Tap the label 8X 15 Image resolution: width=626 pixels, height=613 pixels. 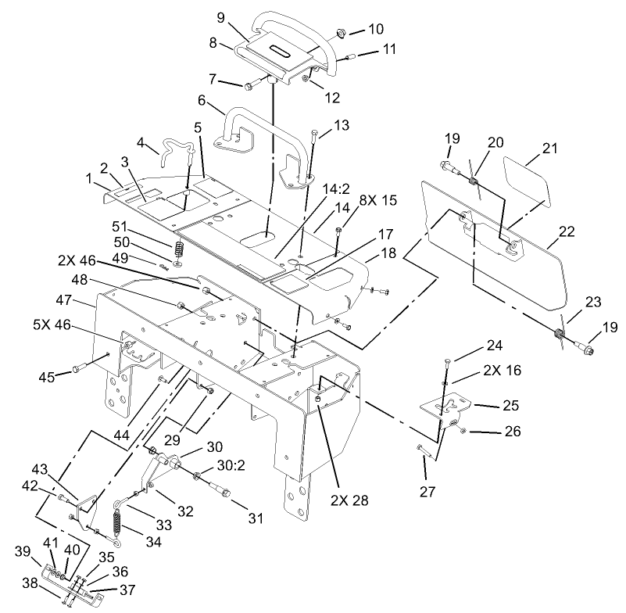click(x=378, y=200)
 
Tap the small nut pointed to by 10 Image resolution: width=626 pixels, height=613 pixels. click(x=342, y=33)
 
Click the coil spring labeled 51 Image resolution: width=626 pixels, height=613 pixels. click(x=178, y=251)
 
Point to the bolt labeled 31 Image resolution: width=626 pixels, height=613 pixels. click(x=221, y=493)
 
